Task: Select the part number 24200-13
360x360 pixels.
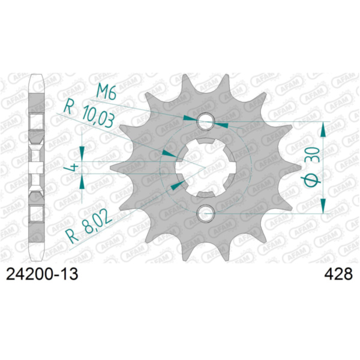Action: (x=41, y=274)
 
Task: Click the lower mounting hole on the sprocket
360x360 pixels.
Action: (x=206, y=211)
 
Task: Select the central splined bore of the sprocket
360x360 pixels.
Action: (x=206, y=167)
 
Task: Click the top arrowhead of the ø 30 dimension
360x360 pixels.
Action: (x=325, y=128)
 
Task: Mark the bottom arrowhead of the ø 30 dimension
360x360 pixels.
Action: (x=325, y=205)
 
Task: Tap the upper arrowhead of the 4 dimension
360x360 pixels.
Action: (x=82, y=152)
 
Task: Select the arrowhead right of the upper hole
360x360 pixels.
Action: (x=221, y=124)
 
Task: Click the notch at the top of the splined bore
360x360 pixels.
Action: (x=206, y=143)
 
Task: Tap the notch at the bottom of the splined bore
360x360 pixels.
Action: (x=206, y=191)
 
